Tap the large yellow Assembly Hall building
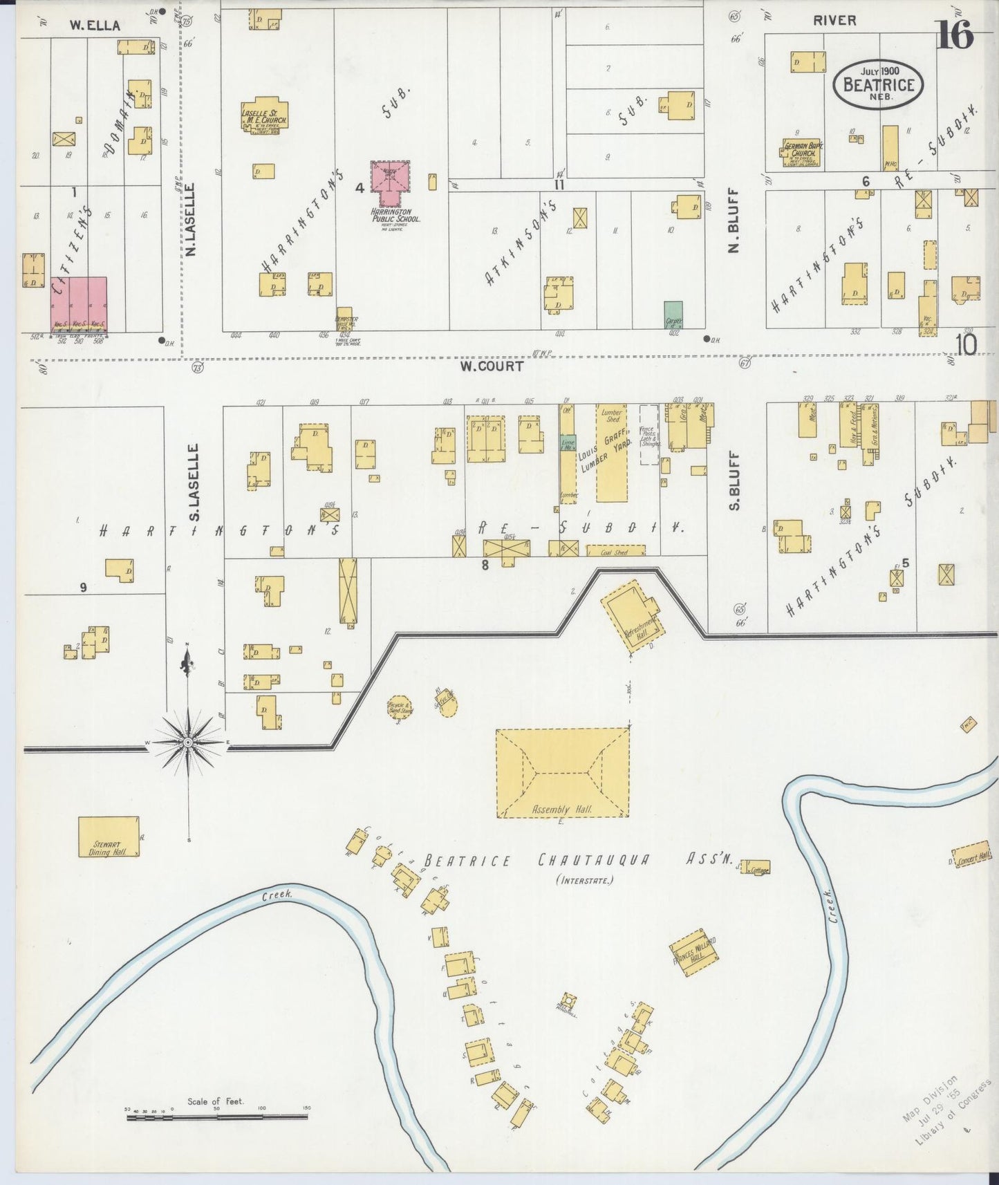pos(562,772)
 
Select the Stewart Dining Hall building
pos(107,837)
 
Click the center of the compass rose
pos(189,742)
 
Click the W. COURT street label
pos(492,366)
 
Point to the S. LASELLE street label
pos(194,482)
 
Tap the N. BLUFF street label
pos(735,221)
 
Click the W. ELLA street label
pos(95,26)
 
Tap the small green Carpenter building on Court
pos(673,315)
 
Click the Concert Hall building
pos(971,855)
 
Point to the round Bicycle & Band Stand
pos(400,707)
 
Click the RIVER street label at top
pos(834,20)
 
